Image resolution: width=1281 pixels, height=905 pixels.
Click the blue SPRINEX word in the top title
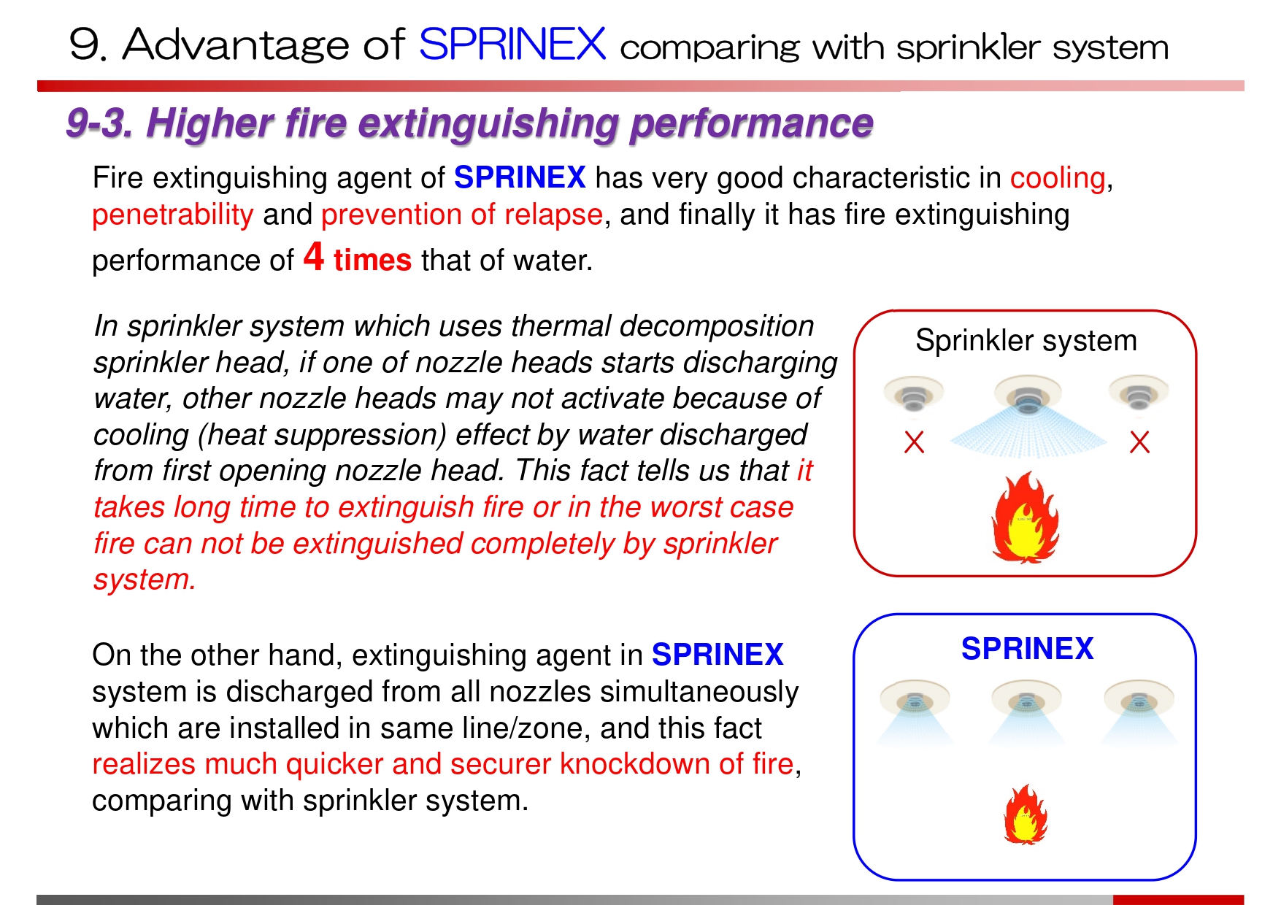click(x=512, y=44)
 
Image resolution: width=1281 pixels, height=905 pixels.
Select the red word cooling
click(x=1058, y=179)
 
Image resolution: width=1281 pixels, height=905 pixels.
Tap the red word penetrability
click(x=173, y=215)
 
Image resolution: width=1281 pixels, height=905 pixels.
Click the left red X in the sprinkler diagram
click(x=914, y=442)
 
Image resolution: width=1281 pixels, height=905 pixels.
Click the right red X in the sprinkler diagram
click(x=1139, y=442)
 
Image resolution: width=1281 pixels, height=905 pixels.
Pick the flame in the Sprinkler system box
click(x=1026, y=517)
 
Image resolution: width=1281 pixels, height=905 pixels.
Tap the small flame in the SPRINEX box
click(x=1026, y=814)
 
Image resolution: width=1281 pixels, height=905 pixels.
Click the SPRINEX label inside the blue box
click(x=1027, y=648)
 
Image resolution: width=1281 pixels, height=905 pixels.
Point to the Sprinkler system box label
click(x=1026, y=341)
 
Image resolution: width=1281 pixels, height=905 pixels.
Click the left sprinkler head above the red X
click(x=914, y=394)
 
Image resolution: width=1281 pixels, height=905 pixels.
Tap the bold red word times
click(x=373, y=261)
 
